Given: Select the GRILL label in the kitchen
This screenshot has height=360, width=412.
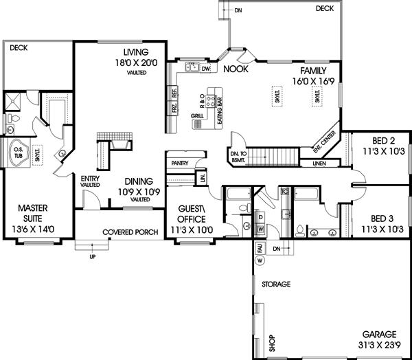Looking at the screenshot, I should coord(196,117).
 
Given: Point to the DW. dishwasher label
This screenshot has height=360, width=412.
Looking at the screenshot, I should coord(205,68).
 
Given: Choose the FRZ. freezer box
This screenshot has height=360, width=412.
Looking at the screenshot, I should coord(174,108).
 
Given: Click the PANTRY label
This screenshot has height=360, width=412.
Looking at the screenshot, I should coord(180,163).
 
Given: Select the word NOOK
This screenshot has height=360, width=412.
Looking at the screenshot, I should coord(238,69).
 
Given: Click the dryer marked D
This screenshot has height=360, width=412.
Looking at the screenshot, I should coord(261,218).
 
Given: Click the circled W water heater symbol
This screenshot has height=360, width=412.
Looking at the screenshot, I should coord(260,260).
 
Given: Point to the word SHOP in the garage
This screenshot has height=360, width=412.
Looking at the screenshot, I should coord(271,343).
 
